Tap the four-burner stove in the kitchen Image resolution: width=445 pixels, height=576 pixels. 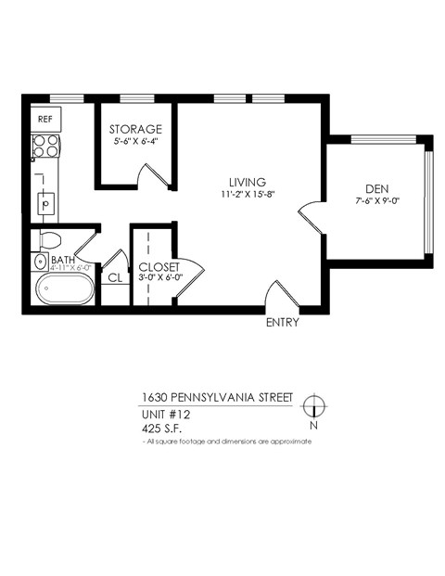pos(45,146)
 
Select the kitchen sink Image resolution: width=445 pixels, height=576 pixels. pos(44,201)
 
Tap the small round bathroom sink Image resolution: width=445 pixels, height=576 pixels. pos(39,262)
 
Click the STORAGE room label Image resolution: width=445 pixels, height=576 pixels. pos(135,129)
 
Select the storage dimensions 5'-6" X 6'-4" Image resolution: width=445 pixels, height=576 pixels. pos(135,142)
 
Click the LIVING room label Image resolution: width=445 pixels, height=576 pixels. pos(248,182)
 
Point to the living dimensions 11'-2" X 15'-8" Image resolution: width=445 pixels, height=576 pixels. pos(248,195)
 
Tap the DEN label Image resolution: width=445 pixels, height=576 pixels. pos(375,187)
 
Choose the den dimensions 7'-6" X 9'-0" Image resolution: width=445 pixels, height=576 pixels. pos(375,200)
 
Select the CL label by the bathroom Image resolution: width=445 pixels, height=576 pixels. pos(115,277)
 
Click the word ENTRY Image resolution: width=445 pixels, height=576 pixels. pos(282,324)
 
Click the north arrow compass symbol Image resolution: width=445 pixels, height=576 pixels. pos(315,406)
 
